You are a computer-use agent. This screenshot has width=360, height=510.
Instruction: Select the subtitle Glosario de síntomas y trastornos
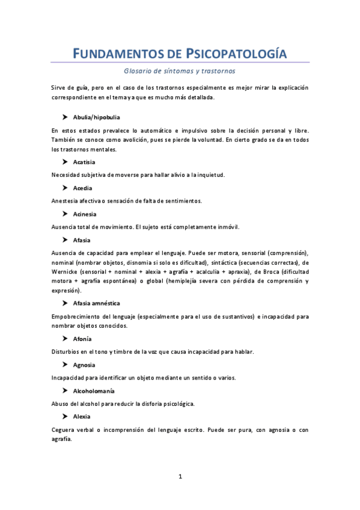coord(180,71)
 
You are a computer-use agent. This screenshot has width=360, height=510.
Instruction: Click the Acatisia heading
coord(84,162)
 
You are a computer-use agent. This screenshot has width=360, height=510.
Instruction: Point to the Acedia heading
coord(82,188)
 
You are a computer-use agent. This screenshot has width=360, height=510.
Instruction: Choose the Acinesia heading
coord(85,214)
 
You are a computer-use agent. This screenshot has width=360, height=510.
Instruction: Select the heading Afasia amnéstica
coord(97,303)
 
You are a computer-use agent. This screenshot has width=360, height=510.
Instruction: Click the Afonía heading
coord(82,339)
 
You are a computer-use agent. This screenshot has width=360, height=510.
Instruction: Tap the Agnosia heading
coord(84,365)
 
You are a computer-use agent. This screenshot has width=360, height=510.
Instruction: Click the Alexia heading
coord(82,416)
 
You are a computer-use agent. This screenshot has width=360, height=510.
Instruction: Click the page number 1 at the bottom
coord(180,476)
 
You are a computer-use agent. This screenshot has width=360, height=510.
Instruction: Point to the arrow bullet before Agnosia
coord(64,365)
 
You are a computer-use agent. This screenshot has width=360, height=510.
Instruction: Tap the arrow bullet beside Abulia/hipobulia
coord(64,117)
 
